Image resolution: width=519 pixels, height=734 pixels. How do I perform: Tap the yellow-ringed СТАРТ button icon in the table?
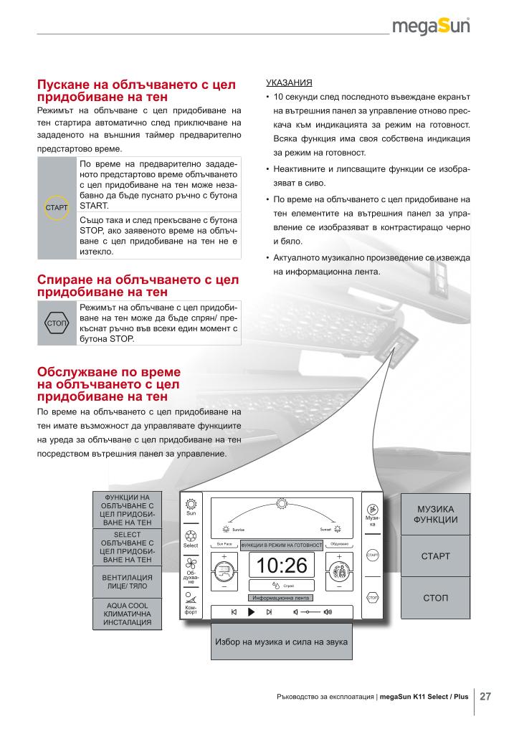tap(57, 208)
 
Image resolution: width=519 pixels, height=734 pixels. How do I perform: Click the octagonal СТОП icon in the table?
tap(57, 324)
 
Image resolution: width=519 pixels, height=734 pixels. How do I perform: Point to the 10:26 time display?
tap(281, 566)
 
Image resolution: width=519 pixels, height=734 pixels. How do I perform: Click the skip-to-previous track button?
tap(234, 612)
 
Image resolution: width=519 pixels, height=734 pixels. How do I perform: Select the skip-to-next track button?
tap(269, 612)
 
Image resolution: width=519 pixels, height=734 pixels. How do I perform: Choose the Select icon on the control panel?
tap(191, 535)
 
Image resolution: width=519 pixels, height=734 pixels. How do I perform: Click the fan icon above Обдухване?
tap(191, 563)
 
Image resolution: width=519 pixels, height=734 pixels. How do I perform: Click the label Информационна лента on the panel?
tap(281, 597)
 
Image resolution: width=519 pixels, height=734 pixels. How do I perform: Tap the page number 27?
tap(485, 696)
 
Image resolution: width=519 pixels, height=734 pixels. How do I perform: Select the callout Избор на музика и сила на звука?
tap(281, 642)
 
